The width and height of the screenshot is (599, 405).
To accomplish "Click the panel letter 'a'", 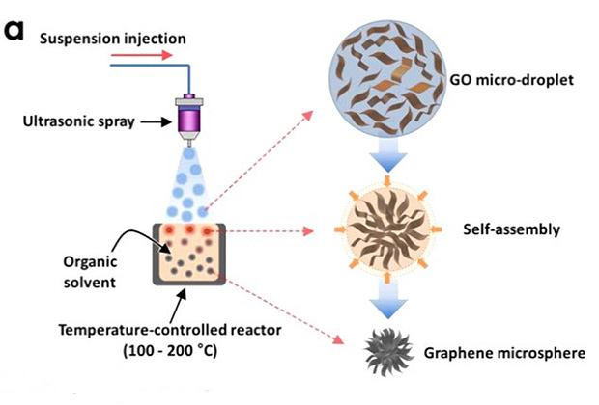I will click(14, 30).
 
